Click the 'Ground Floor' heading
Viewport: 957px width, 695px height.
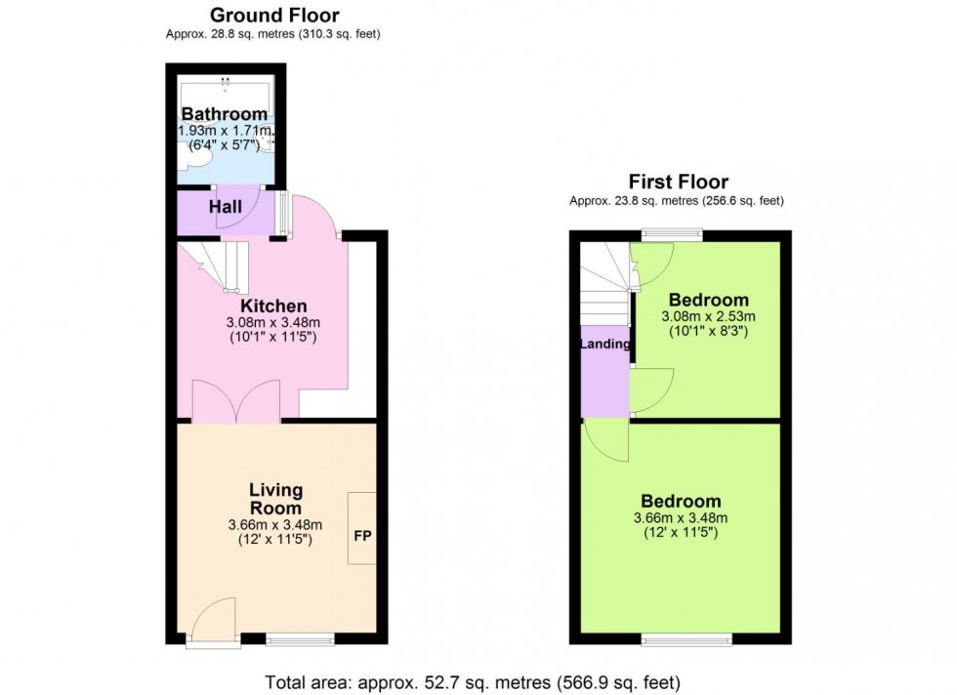tap(274, 15)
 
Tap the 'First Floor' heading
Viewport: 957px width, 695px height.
tap(678, 182)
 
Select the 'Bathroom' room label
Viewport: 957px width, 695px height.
tap(224, 114)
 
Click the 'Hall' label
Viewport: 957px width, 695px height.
tap(226, 207)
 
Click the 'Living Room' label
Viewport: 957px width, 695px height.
tap(275, 499)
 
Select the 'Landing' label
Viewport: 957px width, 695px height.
tap(605, 345)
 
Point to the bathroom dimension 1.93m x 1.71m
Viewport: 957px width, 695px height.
tap(225, 131)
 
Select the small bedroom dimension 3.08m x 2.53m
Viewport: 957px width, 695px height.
tap(708, 316)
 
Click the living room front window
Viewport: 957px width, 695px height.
tap(301, 640)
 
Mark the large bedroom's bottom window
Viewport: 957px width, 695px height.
tap(687, 640)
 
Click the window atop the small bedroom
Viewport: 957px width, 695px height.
tap(672, 234)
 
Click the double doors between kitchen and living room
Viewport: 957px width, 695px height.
tap(237, 401)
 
